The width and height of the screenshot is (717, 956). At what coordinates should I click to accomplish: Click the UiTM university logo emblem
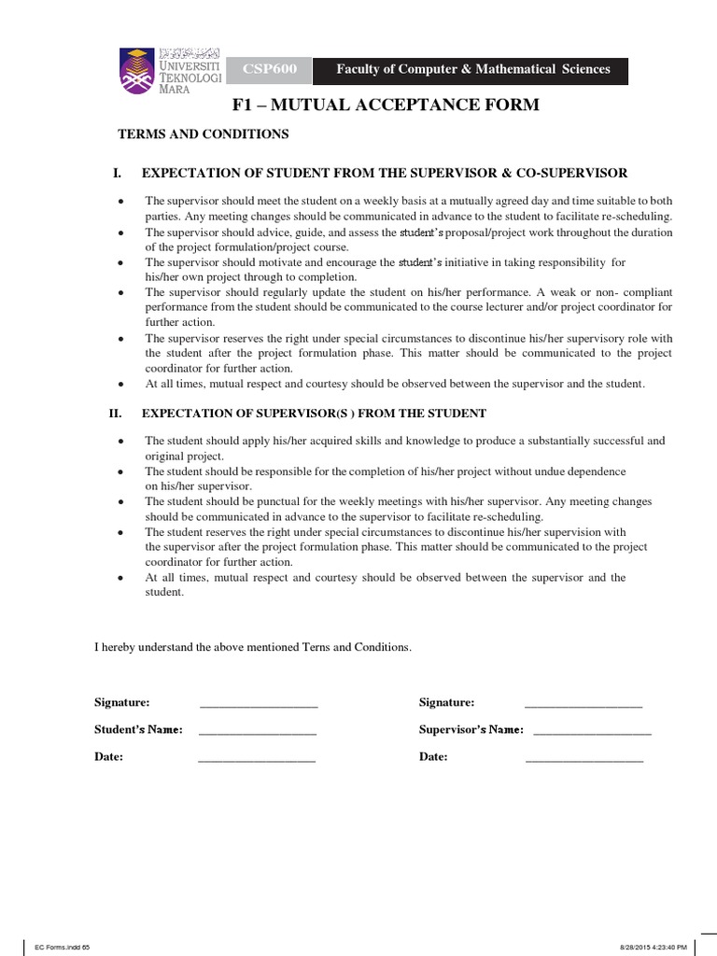139,70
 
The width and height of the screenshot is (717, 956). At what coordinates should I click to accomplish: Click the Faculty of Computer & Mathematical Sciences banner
472,69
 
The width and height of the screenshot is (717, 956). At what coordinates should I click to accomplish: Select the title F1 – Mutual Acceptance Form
387,105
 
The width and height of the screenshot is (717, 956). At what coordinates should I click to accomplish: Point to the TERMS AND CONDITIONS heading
203,134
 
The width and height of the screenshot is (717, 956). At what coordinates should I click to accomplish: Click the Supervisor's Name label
471,729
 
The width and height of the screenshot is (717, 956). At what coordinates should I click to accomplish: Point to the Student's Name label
138,729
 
